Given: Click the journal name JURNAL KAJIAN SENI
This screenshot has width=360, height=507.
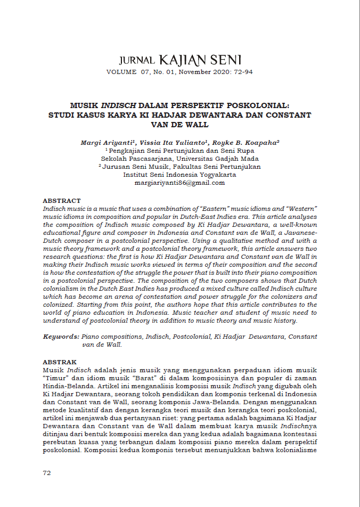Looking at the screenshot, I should (x=180, y=59).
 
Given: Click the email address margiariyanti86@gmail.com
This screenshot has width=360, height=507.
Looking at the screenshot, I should (x=180, y=183).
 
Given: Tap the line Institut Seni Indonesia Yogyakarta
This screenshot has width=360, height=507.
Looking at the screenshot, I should (x=180, y=175).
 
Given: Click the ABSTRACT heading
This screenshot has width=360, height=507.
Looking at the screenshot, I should (x=62, y=200).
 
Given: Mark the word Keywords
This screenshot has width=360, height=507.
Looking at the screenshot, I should (x=61, y=337).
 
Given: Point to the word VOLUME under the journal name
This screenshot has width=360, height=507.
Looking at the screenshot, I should (x=121, y=71).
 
